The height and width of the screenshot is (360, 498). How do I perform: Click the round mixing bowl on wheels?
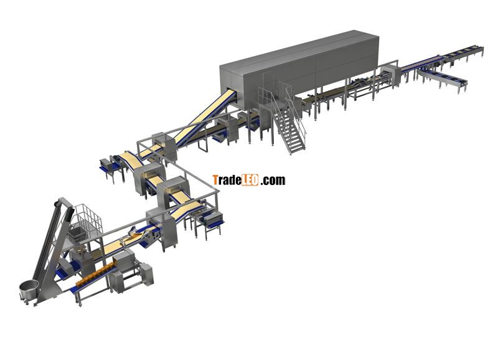click(x=29, y=290)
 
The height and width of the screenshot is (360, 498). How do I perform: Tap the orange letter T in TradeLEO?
click(x=215, y=180)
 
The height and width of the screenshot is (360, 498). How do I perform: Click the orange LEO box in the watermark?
click(x=250, y=180)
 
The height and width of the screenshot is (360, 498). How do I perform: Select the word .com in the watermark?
click(x=273, y=181)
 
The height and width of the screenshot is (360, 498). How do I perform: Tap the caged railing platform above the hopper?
click(x=86, y=219)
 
